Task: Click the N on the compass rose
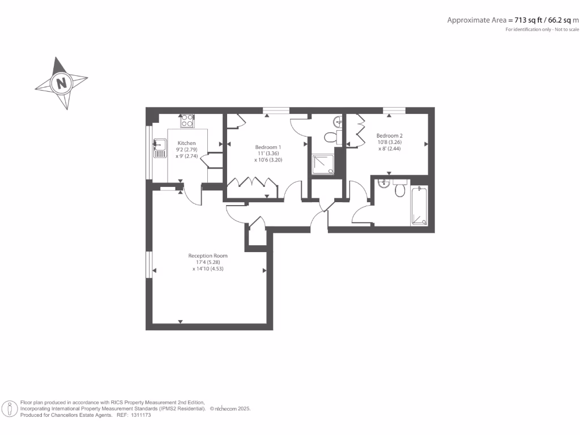61,83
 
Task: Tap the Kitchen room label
186,143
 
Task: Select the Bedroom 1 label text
268,147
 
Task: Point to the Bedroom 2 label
390,136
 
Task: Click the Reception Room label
208,255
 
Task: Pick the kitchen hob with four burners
187,121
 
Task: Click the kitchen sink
160,148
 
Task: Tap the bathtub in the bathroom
419,206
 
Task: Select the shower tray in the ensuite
323,164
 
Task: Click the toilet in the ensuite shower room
332,137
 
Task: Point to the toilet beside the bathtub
400,188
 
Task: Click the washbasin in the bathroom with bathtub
384,184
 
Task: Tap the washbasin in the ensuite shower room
338,121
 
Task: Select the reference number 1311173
141,415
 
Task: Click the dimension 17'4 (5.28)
208,262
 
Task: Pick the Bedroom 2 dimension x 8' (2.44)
390,149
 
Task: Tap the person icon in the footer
10,409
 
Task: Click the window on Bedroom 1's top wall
276,110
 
